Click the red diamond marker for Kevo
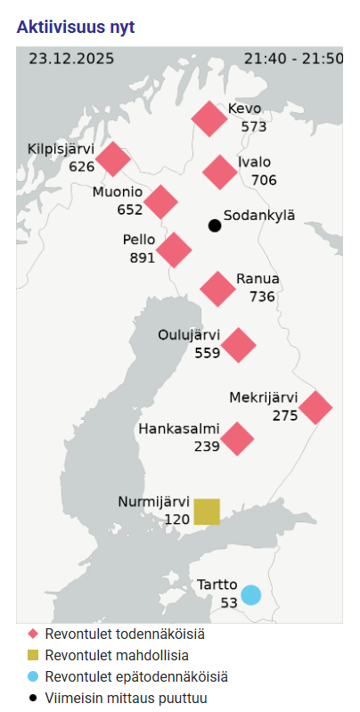tap(210, 119)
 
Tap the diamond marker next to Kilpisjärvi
tap(113, 159)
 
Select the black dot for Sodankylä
tap(215, 225)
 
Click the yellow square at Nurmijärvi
tap(207, 511)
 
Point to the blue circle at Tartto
tap(251, 594)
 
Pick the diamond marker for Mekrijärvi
tap(315, 407)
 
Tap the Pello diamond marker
tap(174, 250)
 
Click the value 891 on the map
tap(142, 258)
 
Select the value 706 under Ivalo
tap(264, 180)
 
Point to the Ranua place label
tap(258, 279)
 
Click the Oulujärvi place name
tap(189, 335)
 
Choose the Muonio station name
tap(118, 192)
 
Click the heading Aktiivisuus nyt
tap(76, 27)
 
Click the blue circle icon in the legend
tap(33, 676)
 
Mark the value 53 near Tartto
tap(230, 603)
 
